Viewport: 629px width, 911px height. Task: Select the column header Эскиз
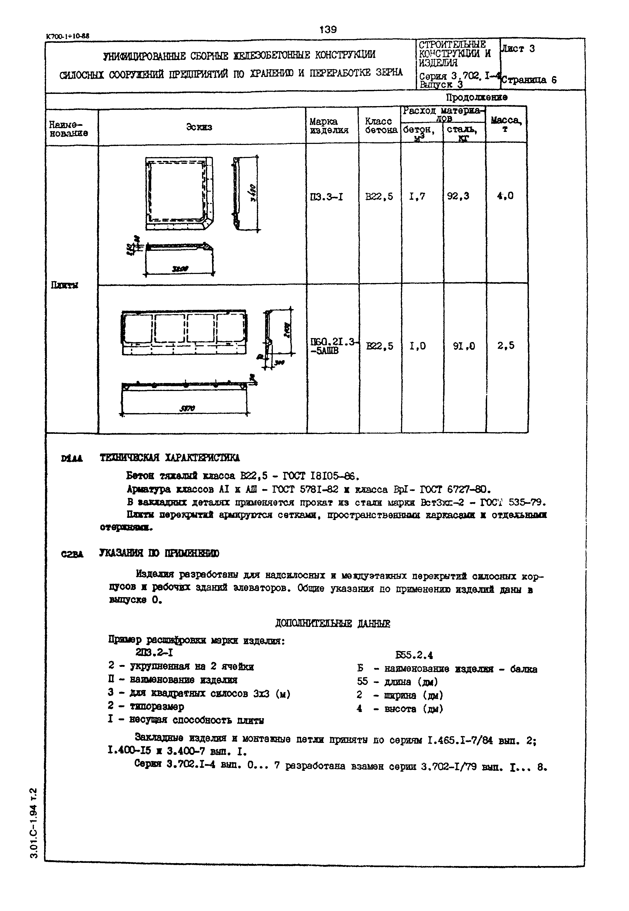click(199, 127)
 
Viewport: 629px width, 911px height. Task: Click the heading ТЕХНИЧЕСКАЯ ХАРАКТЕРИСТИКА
click(170, 457)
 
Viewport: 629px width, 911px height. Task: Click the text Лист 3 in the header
click(518, 49)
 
